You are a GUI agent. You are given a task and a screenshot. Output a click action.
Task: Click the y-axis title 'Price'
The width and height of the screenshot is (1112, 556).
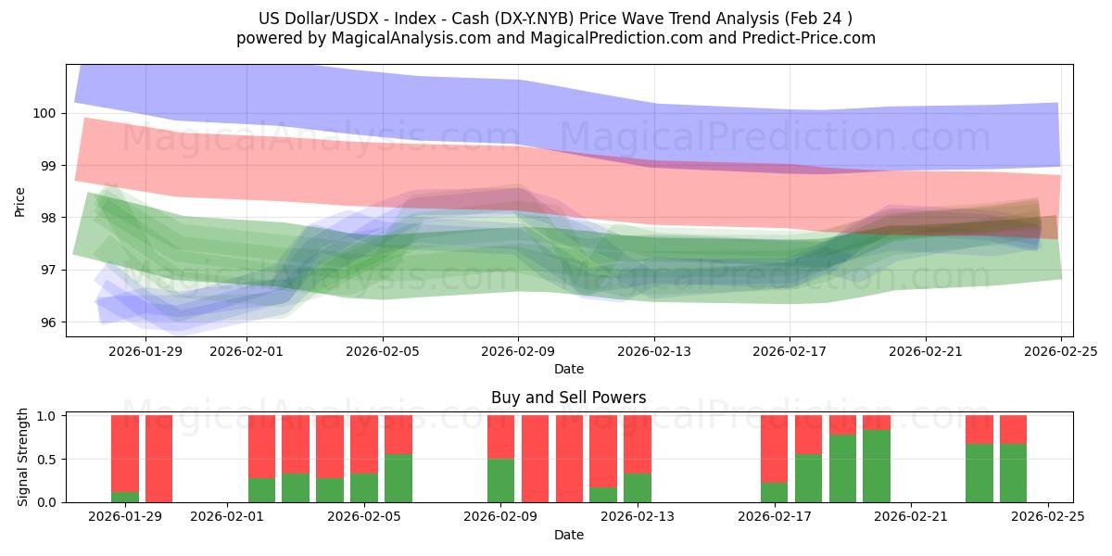pyautogui.click(x=20, y=201)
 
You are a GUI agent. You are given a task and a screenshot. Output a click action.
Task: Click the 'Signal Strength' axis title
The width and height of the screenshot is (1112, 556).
pyautogui.click(x=23, y=459)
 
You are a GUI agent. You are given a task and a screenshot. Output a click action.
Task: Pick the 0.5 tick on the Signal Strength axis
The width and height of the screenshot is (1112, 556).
pyautogui.click(x=44, y=459)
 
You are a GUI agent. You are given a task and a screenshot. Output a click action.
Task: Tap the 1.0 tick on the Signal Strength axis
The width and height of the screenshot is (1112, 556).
pyautogui.click(x=44, y=416)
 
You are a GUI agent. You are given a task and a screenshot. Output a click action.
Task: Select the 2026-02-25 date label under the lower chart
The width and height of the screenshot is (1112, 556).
pyautogui.click(x=1047, y=517)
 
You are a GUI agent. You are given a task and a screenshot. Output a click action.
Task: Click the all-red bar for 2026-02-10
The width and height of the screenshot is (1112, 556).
pyautogui.click(x=535, y=459)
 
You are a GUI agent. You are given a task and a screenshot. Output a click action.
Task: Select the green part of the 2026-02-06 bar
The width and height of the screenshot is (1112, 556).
pyautogui.click(x=398, y=478)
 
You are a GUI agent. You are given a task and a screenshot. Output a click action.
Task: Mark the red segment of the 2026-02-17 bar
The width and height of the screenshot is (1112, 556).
pyautogui.click(x=774, y=449)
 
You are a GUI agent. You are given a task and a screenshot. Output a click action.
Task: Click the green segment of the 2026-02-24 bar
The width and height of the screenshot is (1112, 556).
pyautogui.click(x=1013, y=474)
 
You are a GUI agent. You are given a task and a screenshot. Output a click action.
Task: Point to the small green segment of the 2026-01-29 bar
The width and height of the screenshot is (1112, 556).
pyautogui.click(x=125, y=497)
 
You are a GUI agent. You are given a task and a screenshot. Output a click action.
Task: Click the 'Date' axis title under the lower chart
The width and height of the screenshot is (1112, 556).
pyautogui.click(x=568, y=535)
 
